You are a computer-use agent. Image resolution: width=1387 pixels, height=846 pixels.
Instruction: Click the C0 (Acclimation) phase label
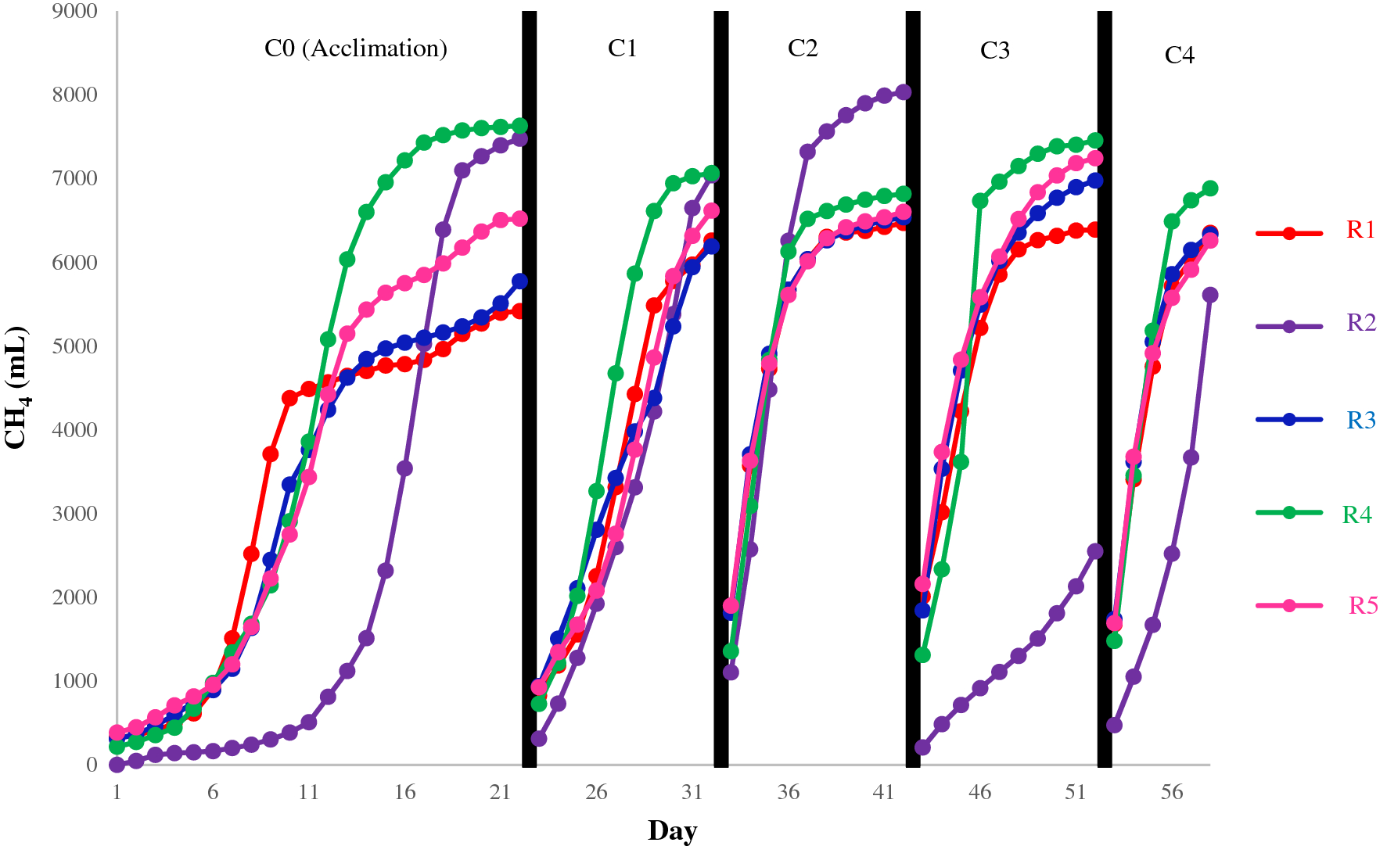coord(356,48)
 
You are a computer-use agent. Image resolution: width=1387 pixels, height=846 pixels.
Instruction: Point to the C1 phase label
coord(622,48)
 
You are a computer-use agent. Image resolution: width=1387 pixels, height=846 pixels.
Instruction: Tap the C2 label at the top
coord(803,48)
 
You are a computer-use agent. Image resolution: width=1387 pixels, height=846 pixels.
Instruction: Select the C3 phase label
coord(994,51)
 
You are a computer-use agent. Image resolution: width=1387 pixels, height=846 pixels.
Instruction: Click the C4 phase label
coord(1179,56)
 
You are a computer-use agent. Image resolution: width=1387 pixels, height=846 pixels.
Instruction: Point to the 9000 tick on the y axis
coord(75,11)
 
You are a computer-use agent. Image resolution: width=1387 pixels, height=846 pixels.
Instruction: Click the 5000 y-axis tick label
coord(75,346)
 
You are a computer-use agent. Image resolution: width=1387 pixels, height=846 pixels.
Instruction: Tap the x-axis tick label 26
coord(596,792)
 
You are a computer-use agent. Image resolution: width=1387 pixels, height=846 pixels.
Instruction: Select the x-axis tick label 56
coord(1171,792)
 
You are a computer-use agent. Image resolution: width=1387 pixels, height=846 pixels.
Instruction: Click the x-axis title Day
coord(672,830)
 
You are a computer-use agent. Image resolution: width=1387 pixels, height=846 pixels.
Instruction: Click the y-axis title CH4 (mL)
coord(17,388)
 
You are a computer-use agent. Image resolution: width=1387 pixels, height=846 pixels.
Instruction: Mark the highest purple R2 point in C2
coord(903,92)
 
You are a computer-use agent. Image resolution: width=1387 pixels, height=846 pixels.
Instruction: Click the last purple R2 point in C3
coord(1095,551)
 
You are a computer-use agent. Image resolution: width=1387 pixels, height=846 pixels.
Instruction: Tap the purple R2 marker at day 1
coord(117,765)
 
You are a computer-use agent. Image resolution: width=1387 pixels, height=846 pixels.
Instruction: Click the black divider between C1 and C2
coord(721,389)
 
